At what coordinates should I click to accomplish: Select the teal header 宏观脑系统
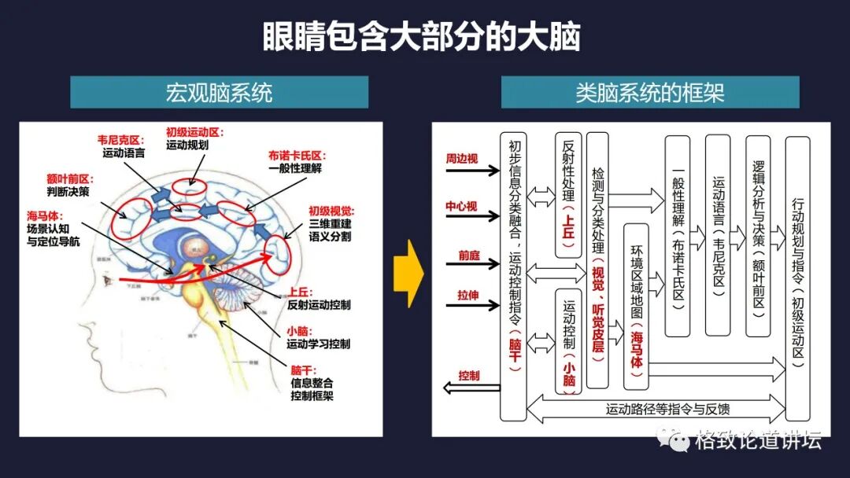click(219, 93)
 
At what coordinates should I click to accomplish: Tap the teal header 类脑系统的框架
click(649, 93)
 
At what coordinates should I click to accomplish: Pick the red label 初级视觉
click(331, 211)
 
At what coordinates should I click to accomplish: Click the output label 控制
click(469, 376)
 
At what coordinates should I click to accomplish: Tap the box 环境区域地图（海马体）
click(635, 306)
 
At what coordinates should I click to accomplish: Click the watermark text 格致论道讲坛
click(757, 440)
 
